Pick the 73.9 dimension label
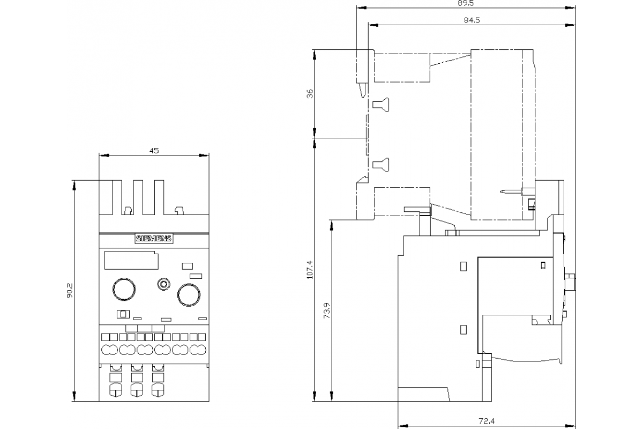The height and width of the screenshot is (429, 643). click(x=327, y=311)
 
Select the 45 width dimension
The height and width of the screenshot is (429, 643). click(x=154, y=151)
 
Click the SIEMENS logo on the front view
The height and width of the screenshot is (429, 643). click(x=154, y=239)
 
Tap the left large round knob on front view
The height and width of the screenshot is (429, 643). click(x=123, y=289)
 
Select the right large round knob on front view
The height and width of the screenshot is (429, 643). click(x=189, y=294)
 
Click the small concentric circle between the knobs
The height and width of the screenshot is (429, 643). click(x=163, y=284)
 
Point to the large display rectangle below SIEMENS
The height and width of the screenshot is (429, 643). click(x=131, y=261)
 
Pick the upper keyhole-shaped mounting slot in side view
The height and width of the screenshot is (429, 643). click(x=381, y=105)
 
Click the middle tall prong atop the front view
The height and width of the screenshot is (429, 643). click(x=138, y=197)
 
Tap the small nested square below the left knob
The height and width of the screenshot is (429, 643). click(x=123, y=314)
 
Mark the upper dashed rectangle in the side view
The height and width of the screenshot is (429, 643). click(x=402, y=67)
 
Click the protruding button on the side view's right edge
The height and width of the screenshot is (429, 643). click(x=571, y=283)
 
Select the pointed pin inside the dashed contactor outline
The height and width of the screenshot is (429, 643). click(x=506, y=191)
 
